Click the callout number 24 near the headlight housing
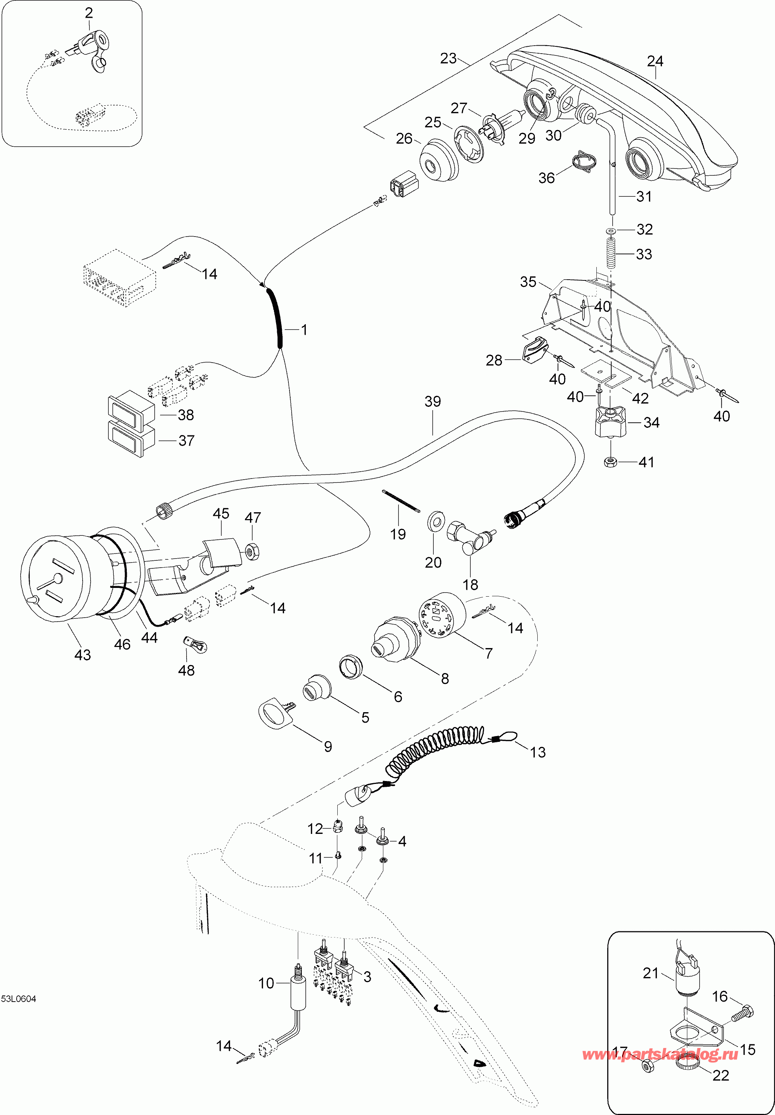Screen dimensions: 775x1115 pos(655,61)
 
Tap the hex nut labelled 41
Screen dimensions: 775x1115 pos(611,462)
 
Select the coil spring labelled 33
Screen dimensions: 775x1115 pos(611,253)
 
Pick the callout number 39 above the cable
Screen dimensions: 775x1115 pos(433,401)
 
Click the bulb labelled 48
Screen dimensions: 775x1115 pos(195,645)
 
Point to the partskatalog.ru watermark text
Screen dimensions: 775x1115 pos(660,1054)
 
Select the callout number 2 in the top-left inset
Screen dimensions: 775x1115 pos(89,13)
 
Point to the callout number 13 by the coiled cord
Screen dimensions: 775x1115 pos(538,752)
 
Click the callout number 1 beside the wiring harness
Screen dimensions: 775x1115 pos(304,330)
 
